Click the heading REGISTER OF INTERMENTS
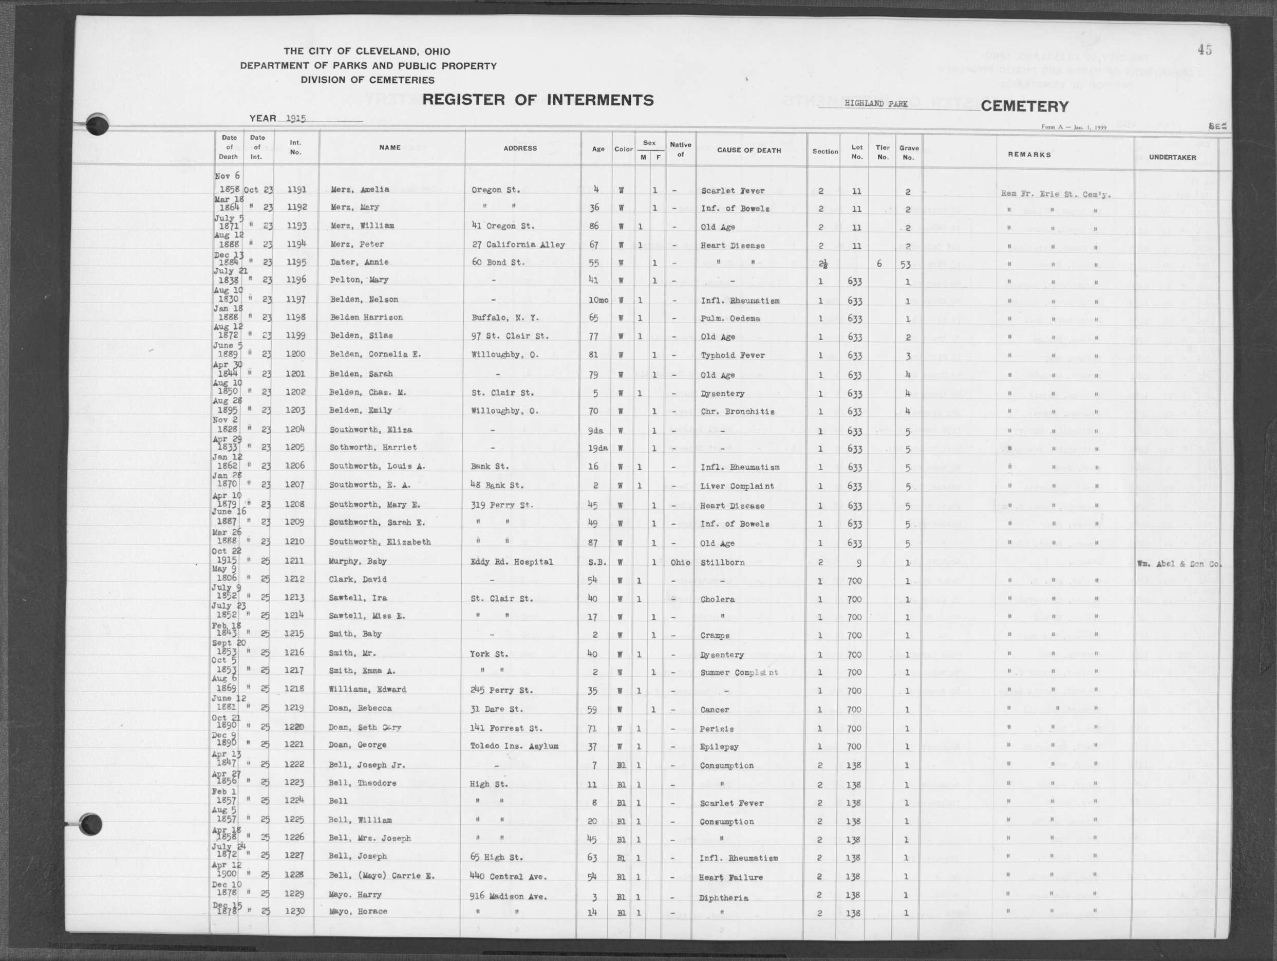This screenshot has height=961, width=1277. [537, 100]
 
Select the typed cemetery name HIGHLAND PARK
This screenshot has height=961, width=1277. [875, 104]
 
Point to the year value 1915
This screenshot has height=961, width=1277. [295, 118]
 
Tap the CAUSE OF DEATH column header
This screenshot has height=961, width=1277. [749, 150]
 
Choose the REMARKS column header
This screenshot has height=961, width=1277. [1029, 155]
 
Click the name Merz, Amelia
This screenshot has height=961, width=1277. [360, 190]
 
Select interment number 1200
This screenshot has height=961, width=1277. [295, 354]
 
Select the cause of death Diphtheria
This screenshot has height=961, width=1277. [724, 898]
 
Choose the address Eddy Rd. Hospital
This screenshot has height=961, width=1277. [512, 562]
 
